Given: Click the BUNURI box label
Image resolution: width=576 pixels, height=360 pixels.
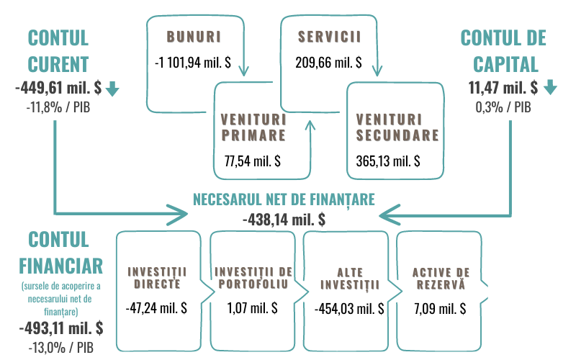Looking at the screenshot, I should pos(193,35).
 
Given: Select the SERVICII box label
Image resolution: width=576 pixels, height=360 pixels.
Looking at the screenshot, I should pos(329,35).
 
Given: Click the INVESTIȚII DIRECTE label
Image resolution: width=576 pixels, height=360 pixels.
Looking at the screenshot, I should pos(157,277).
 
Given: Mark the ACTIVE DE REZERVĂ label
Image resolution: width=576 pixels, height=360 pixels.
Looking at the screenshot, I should pos(441,277).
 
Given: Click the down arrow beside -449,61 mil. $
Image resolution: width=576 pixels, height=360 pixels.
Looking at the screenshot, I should pos(112,89).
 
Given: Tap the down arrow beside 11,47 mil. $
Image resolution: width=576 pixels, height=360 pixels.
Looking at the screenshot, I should pos(550,88).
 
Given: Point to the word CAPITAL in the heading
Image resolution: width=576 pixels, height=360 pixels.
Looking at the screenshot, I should pos(505,64).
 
